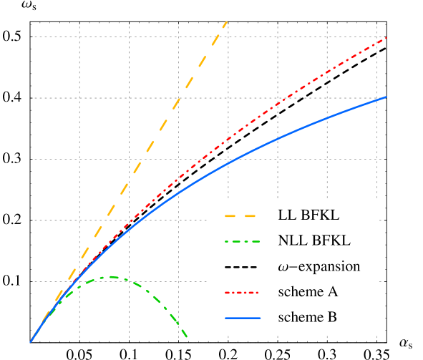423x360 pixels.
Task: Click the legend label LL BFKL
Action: (x=308, y=215)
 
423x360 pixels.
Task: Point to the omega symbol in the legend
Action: (x=283, y=267)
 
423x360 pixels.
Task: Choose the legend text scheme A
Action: (x=308, y=292)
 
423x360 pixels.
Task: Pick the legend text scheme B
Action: (x=308, y=317)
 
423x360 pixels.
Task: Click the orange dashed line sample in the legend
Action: (x=242, y=215)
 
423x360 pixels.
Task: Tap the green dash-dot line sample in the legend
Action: (x=242, y=241)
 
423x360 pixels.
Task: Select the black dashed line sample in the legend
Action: (x=242, y=266)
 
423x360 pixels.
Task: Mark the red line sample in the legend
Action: (x=242, y=292)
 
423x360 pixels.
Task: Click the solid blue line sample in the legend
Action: (x=242, y=317)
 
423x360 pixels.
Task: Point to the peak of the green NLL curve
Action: (x=111, y=277)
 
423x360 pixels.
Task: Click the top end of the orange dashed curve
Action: (x=227, y=22)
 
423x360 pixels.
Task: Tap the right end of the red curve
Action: (x=386, y=37)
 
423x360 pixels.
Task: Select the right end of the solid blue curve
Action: (x=386, y=97)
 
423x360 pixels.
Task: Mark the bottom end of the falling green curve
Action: (x=186, y=336)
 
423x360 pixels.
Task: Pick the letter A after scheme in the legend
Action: (x=333, y=292)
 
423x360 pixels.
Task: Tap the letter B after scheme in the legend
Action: (x=333, y=317)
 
